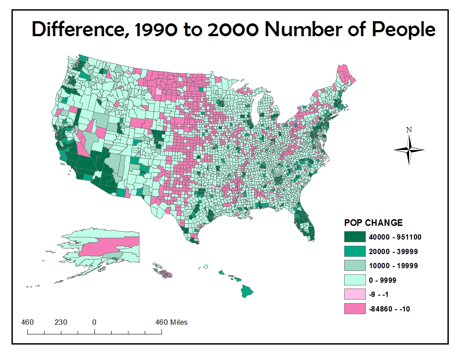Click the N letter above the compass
pyautogui.click(x=409, y=130)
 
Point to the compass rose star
pyautogui.click(x=409, y=150)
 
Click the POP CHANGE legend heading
pyautogui.click(x=373, y=223)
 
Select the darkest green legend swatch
pyautogui.click(x=355, y=237)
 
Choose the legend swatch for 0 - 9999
pyautogui.click(x=355, y=280)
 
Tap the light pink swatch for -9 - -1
pyautogui.click(x=355, y=294)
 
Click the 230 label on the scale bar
pyautogui.click(x=61, y=322)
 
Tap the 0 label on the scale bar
pyautogui.click(x=94, y=322)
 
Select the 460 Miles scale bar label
pyautogui.click(x=171, y=322)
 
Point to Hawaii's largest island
pyautogui.click(x=247, y=291)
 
